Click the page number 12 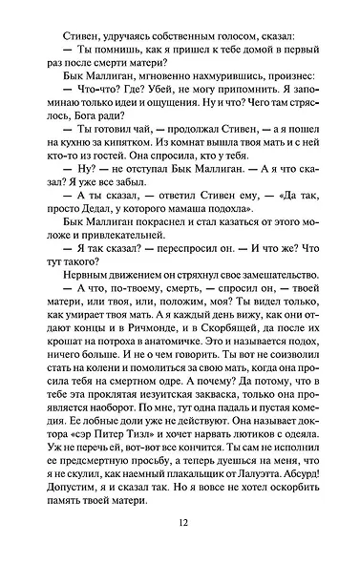pyautogui.click(x=180, y=522)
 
